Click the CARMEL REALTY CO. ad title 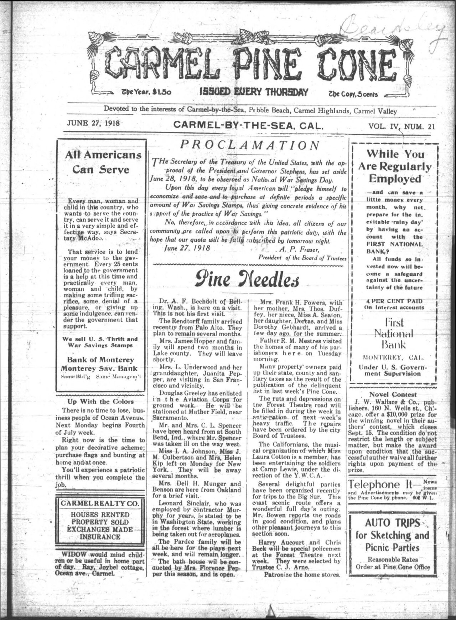pos(100,503)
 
